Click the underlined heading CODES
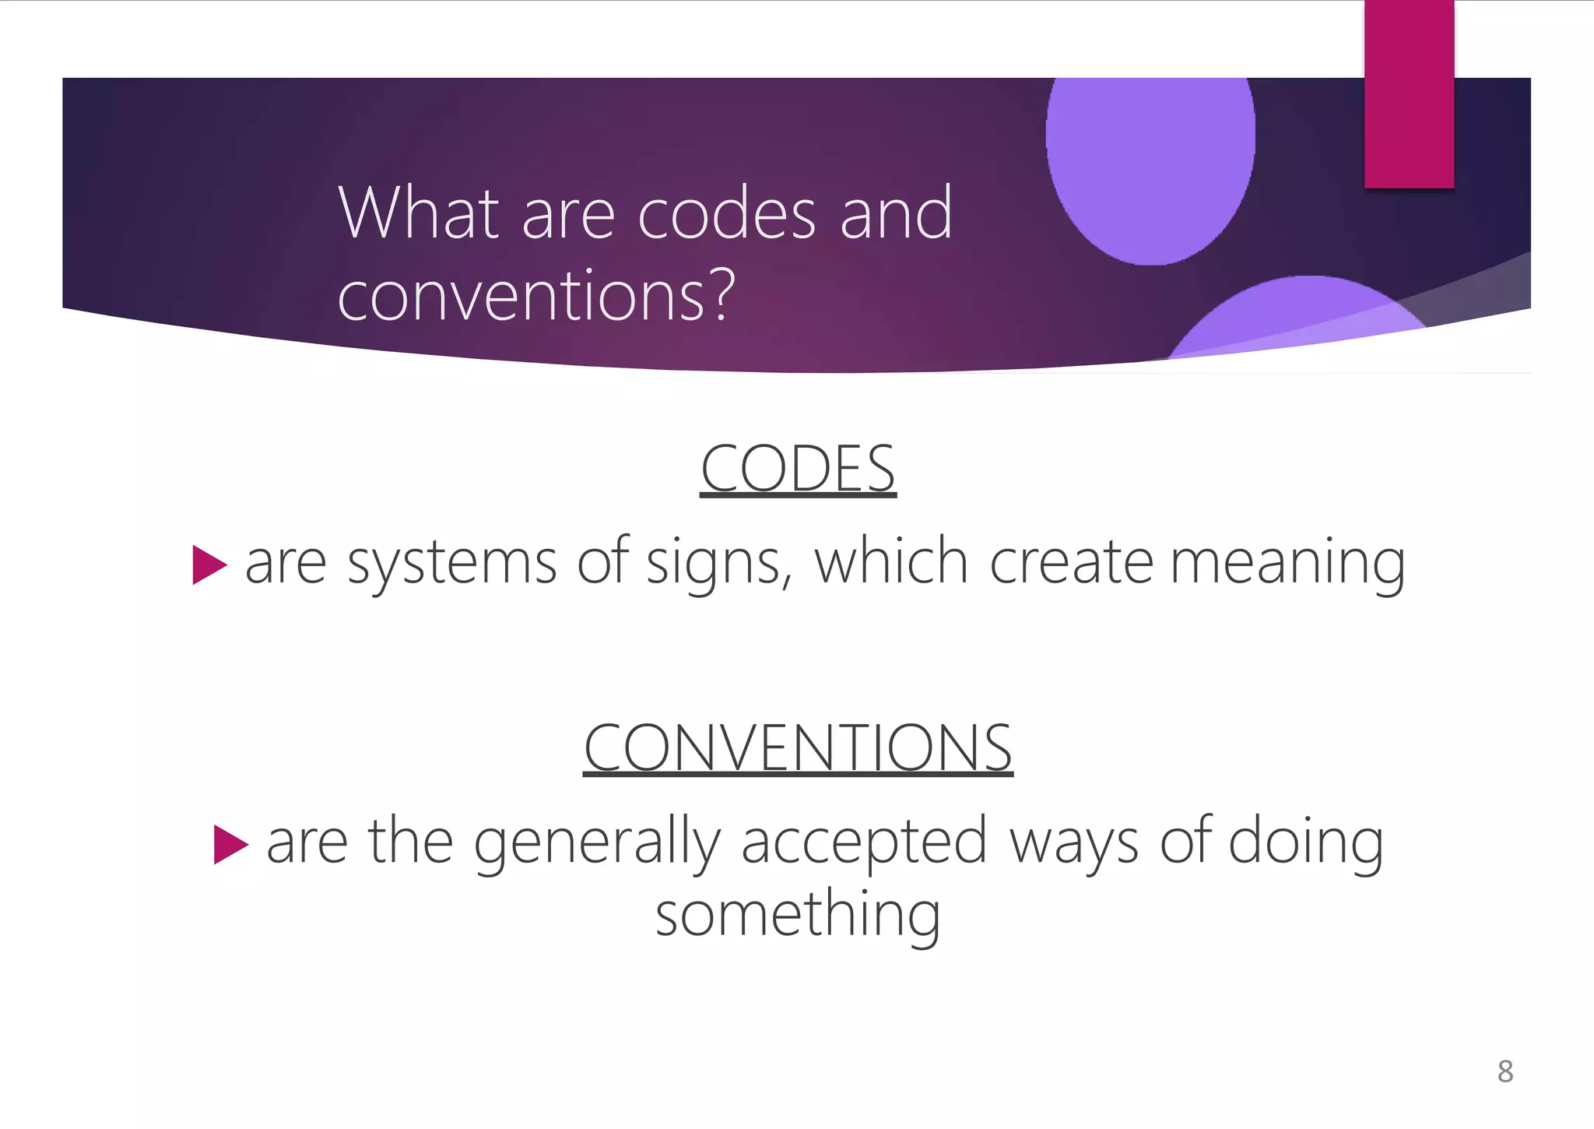tap(798, 469)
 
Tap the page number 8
tap(1505, 1072)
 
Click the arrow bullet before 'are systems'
tap(209, 564)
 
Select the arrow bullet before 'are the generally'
tap(230, 844)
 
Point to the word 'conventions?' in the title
tap(536, 295)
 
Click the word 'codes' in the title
tap(727, 214)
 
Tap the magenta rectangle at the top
tap(1409, 93)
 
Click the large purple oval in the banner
tap(1150, 156)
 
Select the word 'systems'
tap(451, 563)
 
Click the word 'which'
tap(891, 561)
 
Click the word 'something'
tap(798, 916)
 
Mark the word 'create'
tap(1071, 563)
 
